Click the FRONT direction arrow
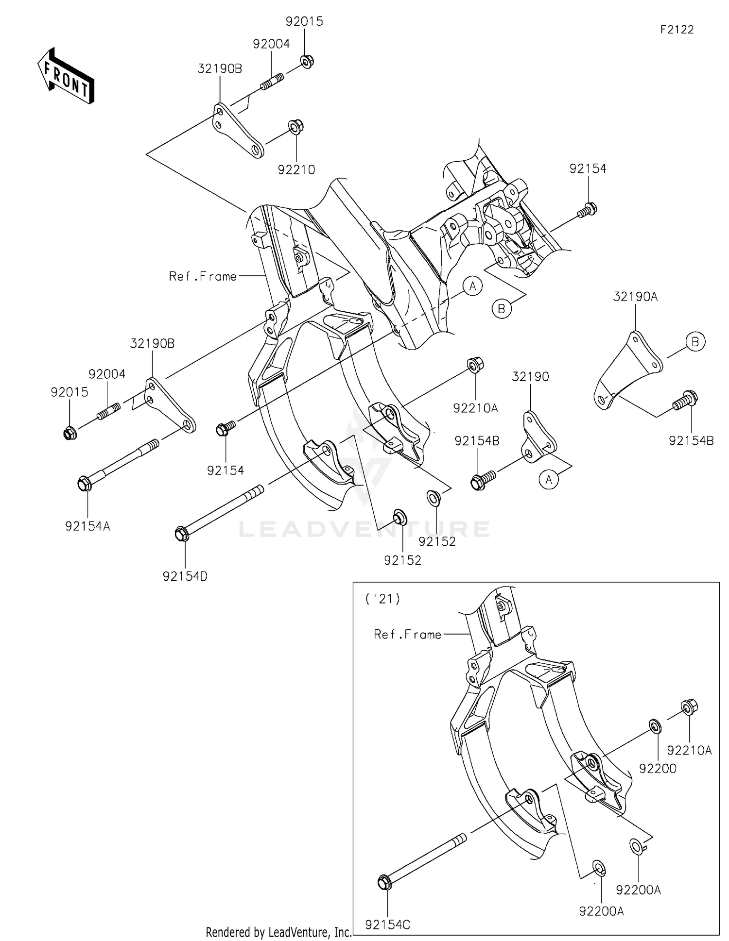[x=66, y=76]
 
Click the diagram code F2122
[x=677, y=30]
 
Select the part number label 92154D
[x=185, y=576]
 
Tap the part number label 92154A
[x=87, y=526]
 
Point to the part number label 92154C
[x=387, y=925]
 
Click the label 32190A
[x=635, y=297]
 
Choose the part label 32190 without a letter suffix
[x=530, y=377]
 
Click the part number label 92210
[x=296, y=170]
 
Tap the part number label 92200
[x=658, y=769]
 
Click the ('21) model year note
[x=383, y=599]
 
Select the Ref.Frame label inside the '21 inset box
[x=407, y=635]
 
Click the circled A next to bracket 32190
[x=549, y=480]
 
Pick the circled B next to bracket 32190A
[x=695, y=342]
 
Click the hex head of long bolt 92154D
[x=181, y=534]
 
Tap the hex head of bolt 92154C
[x=384, y=882]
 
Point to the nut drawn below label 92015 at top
[x=307, y=62]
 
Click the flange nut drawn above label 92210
[x=295, y=127]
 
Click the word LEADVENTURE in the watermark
[x=364, y=529]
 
